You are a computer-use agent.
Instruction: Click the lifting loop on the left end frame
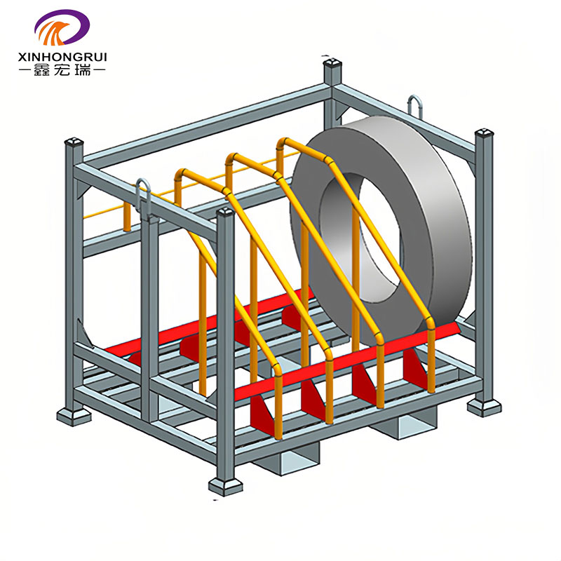(x=143, y=191)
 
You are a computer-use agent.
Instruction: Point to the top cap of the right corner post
(x=484, y=133)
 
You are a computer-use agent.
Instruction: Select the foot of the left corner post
(x=74, y=415)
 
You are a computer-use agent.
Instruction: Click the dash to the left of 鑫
(x=26, y=71)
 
